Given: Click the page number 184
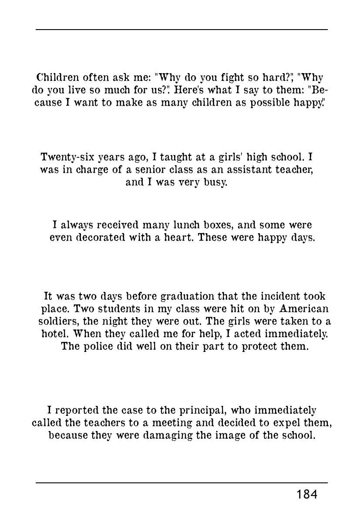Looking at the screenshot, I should pos(307,495).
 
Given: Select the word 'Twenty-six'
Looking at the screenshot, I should pos(61,156).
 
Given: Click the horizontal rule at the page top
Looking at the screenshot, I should pos(182,30).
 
